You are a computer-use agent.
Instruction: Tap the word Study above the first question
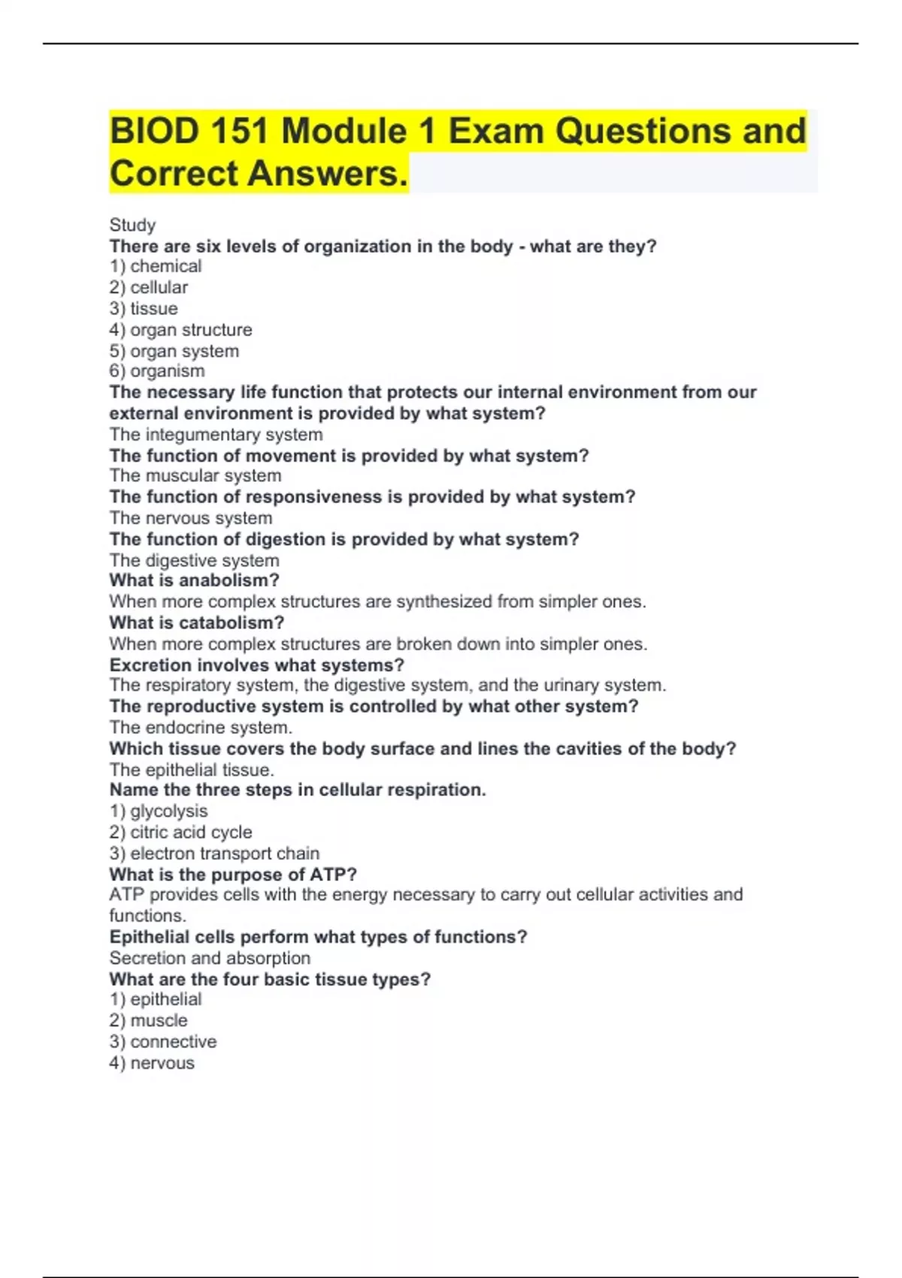[x=132, y=225]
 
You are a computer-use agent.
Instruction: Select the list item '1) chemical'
[x=156, y=266]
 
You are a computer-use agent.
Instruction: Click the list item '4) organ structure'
[x=180, y=330]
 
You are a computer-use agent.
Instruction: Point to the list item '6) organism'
[x=157, y=371]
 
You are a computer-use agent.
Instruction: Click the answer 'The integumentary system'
[x=216, y=435]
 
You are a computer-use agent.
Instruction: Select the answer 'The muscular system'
[x=195, y=476]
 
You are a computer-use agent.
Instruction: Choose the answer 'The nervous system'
[x=191, y=518]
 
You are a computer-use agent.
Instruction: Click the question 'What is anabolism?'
[x=194, y=580]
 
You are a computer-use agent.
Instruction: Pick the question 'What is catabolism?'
[x=196, y=623]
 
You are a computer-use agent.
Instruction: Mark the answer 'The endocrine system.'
[x=201, y=728]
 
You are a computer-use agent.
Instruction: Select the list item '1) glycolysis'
[x=159, y=811]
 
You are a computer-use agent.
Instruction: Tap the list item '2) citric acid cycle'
[x=180, y=832]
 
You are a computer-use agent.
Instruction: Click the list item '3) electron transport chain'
[x=214, y=853]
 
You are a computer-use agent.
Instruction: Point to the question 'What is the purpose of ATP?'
[x=233, y=874]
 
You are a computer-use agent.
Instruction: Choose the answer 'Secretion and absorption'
[x=210, y=958]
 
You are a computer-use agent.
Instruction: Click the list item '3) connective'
[x=163, y=1042]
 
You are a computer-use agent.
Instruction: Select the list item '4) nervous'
[x=152, y=1063]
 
